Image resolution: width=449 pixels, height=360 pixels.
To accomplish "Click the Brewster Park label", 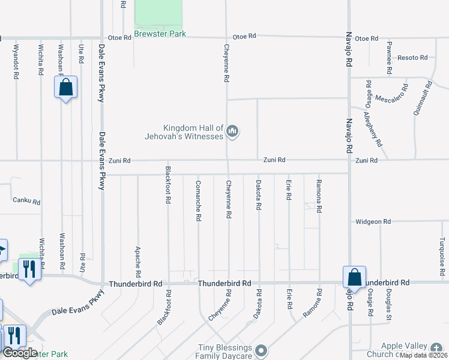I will point(160,34).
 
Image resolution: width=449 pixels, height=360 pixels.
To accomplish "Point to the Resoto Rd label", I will point(412,58).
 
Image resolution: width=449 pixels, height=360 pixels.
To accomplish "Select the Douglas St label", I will point(389,311).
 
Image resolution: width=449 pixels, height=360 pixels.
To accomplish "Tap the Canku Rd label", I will point(26,202).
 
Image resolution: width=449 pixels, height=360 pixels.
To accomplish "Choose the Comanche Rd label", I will point(197,200).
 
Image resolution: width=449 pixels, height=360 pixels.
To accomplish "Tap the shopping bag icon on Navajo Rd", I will point(354,277).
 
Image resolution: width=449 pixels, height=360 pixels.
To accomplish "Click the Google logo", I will point(20,353).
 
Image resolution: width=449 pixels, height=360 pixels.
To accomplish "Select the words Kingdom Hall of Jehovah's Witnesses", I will point(193,131).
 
